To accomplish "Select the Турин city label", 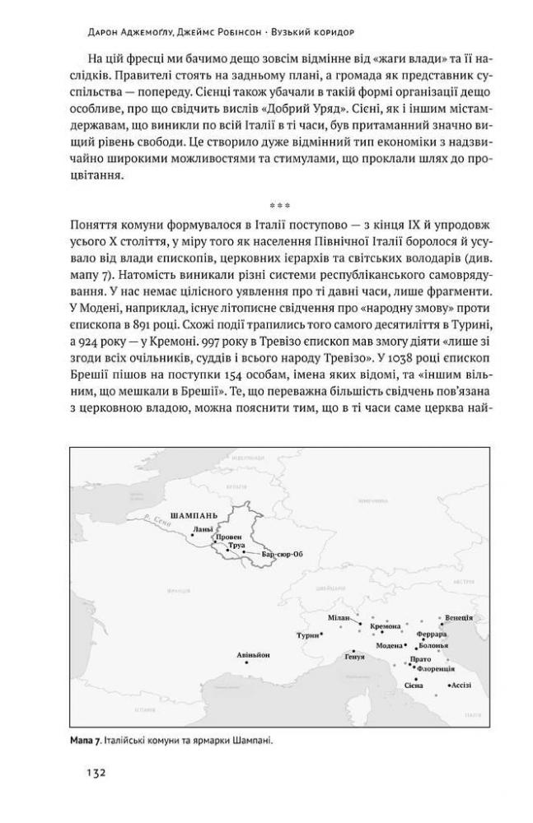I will tap(306, 636).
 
